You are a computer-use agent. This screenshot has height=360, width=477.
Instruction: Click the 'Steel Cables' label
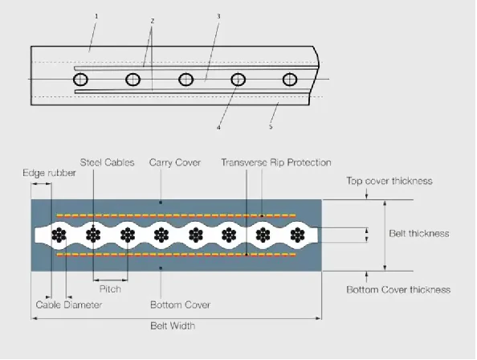coord(107,162)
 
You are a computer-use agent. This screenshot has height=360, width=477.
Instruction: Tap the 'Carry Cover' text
coord(175,163)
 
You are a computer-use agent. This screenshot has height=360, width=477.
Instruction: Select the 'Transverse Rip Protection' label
coord(276,162)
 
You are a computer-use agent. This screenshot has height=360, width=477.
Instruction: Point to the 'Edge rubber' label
coord(49,173)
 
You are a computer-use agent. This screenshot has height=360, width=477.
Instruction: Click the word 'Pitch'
coord(110,288)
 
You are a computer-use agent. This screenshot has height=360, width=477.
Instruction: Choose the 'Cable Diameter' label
coord(69,305)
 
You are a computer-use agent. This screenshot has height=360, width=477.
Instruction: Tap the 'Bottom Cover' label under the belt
coord(180,305)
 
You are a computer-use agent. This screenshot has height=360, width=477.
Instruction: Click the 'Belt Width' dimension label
coord(173,325)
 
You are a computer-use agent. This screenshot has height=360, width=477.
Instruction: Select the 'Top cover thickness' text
coord(389,181)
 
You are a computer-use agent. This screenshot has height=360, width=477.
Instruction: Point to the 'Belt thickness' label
coord(419,233)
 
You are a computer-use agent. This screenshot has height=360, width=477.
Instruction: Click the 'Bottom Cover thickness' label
coord(398,289)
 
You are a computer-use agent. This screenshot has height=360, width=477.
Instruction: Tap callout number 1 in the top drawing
coord(96,16)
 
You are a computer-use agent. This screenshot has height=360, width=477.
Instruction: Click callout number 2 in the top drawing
coord(153,21)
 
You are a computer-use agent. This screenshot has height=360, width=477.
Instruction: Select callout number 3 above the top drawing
coord(218,16)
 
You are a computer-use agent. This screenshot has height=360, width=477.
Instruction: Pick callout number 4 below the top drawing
coord(218,128)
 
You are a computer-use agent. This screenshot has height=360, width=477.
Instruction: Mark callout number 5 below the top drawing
coord(271,127)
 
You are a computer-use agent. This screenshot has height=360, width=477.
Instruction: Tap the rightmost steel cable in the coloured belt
coord(297,235)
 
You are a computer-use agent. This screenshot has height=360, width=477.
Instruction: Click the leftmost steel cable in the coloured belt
coord(59,235)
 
